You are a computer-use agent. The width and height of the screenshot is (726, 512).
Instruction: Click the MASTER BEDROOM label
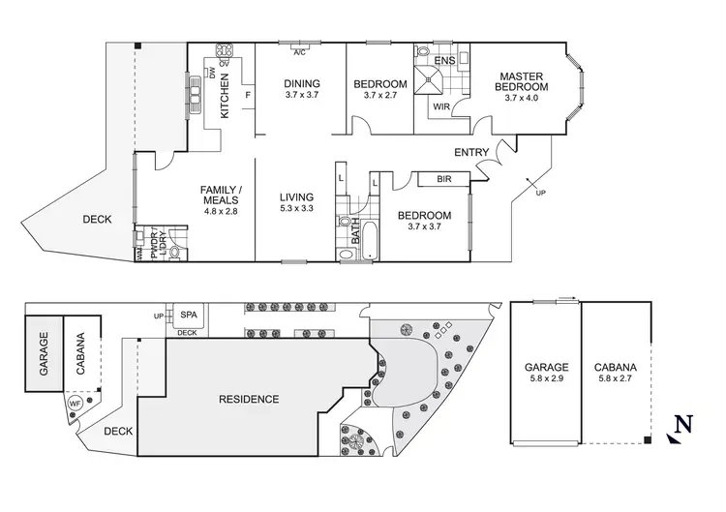(x=522, y=81)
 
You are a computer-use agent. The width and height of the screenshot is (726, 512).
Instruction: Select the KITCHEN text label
(x=226, y=95)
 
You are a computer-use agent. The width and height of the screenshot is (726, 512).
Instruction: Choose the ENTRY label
(x=470, y=152)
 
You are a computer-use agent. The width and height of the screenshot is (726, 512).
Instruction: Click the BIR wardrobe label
(x=444, y=179)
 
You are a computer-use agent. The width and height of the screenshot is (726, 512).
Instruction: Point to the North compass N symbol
(x=683, y=423)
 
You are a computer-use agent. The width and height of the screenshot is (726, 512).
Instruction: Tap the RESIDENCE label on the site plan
(x=248, y=399)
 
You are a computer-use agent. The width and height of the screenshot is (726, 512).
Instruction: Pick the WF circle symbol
(x=75, y=404)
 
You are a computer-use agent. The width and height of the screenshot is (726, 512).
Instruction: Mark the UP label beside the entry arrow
(x=540, y=194)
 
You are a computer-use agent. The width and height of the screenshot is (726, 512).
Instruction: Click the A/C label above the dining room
(x=299, y=51)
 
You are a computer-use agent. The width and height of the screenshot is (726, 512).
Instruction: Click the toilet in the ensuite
(x=423, y=53)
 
